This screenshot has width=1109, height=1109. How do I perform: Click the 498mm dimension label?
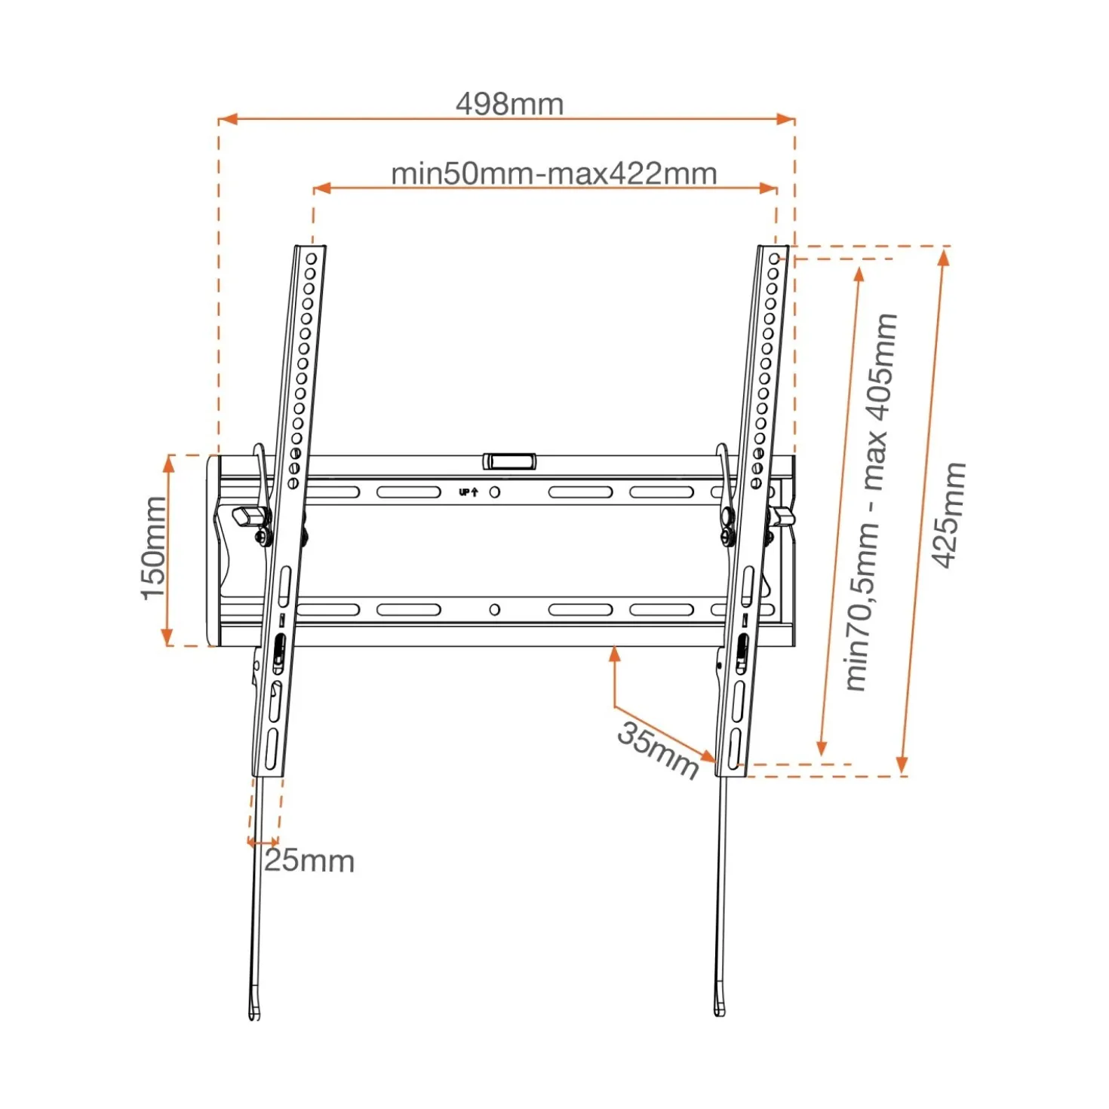click(x=509, y=104)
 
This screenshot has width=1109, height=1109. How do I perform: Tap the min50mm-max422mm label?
click(x=554, y=173)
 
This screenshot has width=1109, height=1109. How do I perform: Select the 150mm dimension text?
click(x=154, y=548)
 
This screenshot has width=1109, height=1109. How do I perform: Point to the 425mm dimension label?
click(x=948, y=515)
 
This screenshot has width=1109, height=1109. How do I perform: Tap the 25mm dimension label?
click(x=309, y=862)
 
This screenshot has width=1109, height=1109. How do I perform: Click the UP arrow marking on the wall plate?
click(x=468, y=492)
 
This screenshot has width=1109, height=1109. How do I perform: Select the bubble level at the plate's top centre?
click(x=509, y=461)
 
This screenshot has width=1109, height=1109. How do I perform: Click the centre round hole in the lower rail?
click(x=494, y=609)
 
